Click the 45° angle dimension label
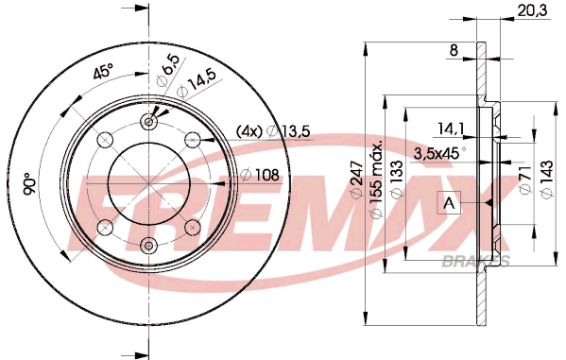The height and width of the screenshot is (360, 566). (x=103, y=71)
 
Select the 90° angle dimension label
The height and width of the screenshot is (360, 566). (x=29, y=184)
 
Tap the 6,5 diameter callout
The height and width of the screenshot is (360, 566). (x=167, y=70)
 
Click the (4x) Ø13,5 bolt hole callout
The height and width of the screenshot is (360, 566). (x=273, y=131)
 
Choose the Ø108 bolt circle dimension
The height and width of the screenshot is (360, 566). (x=260, y=175)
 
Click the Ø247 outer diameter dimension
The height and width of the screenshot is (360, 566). (x=356, y=180)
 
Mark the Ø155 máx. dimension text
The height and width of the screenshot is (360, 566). (x=376, y=180)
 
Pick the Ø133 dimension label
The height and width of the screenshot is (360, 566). (x=396, y=180)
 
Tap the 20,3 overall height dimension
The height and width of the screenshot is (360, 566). (x=532, y=10)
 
